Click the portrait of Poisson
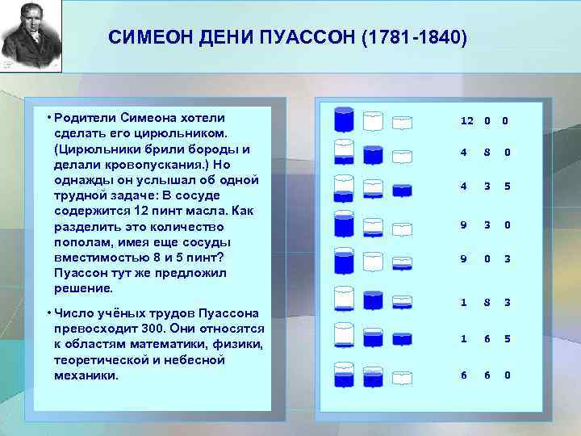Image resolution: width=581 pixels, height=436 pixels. tap(30, 36)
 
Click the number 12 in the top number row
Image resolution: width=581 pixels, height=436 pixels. tap(466, 121)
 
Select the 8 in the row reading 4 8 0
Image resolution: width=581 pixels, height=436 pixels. tap(487, 153)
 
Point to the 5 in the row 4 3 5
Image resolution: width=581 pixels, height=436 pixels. tap(507, 187)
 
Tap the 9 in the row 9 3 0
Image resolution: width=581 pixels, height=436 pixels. tap(463, 225)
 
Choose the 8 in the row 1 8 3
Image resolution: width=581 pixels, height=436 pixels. tap(487, 302)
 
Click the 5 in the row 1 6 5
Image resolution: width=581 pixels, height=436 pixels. tap(507, 339)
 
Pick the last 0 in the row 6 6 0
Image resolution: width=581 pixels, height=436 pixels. tap(507, 375)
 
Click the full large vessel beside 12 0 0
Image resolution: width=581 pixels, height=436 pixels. tap(344, 121)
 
